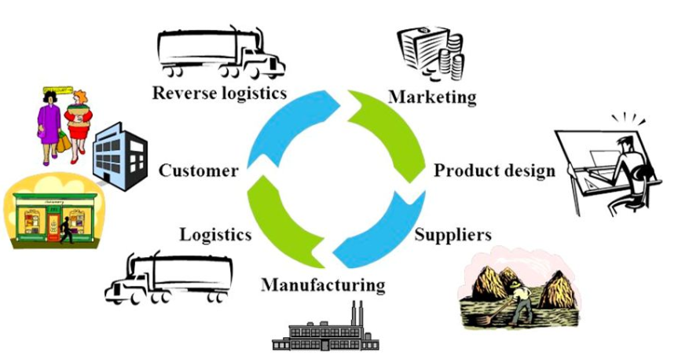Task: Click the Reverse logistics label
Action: coord(219,93)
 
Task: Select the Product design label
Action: coord(494,170)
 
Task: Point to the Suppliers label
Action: coord(453,234)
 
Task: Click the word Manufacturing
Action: coord(323,284)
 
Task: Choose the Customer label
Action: coord(199,171)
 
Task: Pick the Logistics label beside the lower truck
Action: coord(215,234)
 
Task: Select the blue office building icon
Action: coord(119,152)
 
